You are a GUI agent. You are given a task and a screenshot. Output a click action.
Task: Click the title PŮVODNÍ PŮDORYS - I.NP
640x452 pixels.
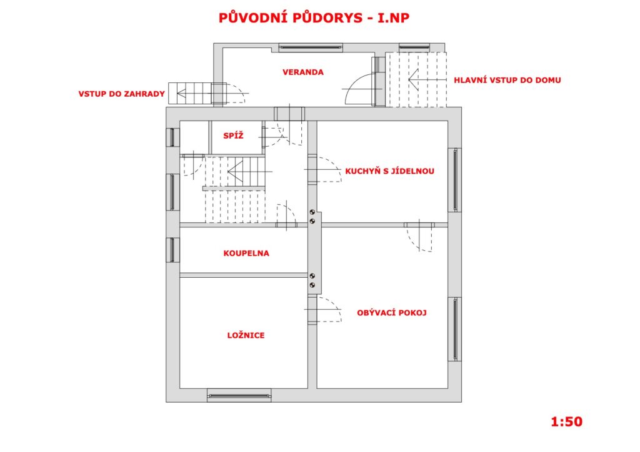pos(314,17)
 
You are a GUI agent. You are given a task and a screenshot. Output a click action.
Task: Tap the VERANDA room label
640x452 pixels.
pos(303,72)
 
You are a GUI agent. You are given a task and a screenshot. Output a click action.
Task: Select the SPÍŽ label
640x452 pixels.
pos(233,135)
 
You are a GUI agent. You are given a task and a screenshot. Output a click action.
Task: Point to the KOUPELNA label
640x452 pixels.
pos(246,253)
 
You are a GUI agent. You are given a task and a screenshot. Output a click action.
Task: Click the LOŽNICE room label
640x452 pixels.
pos(246,335)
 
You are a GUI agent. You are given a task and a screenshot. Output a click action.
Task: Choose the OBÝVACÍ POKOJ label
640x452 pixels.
pos(391,313)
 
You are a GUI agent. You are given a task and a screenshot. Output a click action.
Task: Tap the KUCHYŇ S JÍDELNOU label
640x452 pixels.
pos(389,171)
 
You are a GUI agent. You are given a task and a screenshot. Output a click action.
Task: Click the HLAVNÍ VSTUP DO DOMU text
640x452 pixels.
pos(507,80)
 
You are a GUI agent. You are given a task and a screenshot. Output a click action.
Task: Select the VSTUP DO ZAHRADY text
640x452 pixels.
pos(122,94)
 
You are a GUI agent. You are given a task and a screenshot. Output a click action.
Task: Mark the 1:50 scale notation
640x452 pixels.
pos(566,421)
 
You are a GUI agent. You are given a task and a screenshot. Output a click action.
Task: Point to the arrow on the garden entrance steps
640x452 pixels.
pos(194,94)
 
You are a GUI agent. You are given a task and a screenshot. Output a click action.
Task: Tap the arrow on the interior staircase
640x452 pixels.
pos(249,172)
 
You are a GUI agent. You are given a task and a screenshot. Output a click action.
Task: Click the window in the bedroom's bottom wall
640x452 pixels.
pos(239,395)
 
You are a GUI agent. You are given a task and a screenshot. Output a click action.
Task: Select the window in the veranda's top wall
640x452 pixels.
pos(311,47)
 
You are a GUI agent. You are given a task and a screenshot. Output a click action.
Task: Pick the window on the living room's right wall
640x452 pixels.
pos(455,329)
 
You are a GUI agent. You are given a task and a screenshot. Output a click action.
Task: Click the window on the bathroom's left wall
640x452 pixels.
pos(172,250)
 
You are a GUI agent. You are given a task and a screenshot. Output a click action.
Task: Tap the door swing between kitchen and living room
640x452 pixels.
pos(419,238)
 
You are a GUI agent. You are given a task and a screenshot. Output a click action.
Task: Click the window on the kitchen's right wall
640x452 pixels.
pos(455,180)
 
